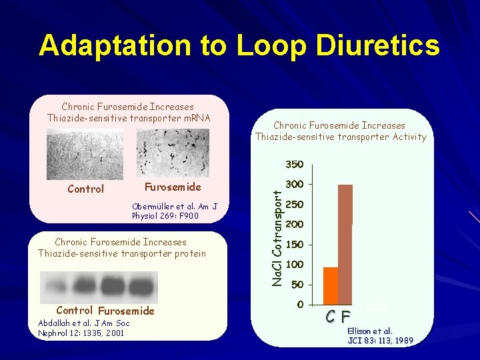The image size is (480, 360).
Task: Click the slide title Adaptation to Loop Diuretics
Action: click(x=239, y=45)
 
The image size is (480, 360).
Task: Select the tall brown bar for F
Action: click(x=345, y=243)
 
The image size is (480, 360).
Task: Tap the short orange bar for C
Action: click(x=331, y=285)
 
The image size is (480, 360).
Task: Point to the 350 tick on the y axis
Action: click(x=294, y=164)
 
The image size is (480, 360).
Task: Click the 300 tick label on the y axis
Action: click(x=294, y=184)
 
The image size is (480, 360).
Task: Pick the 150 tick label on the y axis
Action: click(x=294, y=245)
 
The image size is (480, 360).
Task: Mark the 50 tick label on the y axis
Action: click(x=297, y=285)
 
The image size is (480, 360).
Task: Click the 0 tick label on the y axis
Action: click(x=300, y=305)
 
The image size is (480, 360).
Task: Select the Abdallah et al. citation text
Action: click(x=84, y=327)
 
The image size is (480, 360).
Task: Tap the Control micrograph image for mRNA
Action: click(x=83, y=153)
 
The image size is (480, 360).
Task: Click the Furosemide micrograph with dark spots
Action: click(x=173, y=153)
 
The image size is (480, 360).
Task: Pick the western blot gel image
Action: click(x=98, y=287)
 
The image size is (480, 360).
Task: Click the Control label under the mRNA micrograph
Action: click(x=86, y=189)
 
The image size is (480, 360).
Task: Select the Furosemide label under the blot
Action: click(x=125, y=311)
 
